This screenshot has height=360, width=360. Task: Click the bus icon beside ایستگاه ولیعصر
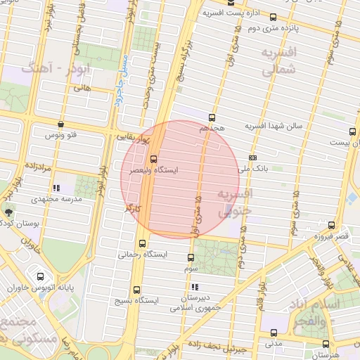[x=154, y=158]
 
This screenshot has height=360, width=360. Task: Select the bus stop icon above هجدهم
[x=212, y=118]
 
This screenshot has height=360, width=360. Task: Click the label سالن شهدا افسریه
[x=274, y=125]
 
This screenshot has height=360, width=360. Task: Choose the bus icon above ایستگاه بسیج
[x=136, y=288]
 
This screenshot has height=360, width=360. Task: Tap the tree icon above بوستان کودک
[x=8, y=211]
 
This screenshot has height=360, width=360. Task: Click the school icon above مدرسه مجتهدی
[x=56, y=188]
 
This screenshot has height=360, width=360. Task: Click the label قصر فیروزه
[x=331, y=237]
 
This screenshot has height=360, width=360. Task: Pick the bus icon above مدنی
[x=274, y=334]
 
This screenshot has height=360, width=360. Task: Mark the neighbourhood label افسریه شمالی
[x=278, y=61]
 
